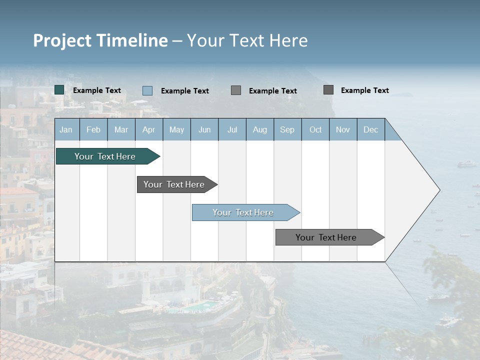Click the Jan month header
pyautogui.click(x=66, y=129)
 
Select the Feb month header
pyautogui.click(x=93, y=129)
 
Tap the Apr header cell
pyautogui.click(x=148, y=129)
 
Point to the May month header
pyautogui.click(x=176, y=129)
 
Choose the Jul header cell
pyautogui.click(x=232, y=129)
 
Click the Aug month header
pyautogui.click(x=259, y=129)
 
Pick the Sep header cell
pyautogui.click(x=287, y=129)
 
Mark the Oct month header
pyautogui.click(x=315, y=129)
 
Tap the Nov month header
pyautogui.click(x=343, y=129)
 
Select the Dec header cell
pyautogui.click(x=370, y=129)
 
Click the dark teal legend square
pyautogui.click(x=59, y=90)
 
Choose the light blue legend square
pyautogui.click(x=147, y=90)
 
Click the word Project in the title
pyautogui.click(x=63, y=40)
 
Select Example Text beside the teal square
pyautogui.click(x=97, y=90)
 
